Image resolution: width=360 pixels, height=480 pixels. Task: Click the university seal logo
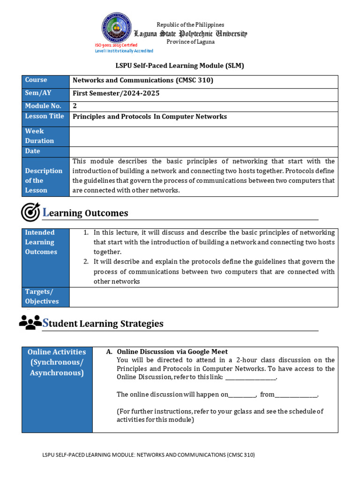tap(117, 28)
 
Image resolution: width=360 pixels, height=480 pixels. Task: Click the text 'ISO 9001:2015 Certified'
tap(116, 45)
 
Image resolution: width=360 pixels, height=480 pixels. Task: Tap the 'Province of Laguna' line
tap(191, 42)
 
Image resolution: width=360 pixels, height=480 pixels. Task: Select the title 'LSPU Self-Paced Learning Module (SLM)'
tap(180, 66)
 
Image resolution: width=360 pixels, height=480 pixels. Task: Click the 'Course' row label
tap(36, 80)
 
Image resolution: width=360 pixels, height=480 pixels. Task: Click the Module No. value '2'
tap(75, 106)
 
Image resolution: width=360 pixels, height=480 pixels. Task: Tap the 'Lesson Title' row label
tap(45, 116)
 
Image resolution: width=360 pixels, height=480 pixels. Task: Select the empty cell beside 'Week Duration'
tap(203, 136)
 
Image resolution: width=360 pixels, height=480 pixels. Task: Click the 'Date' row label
tap(33, 151)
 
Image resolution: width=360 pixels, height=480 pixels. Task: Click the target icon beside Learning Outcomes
tap(30, 212)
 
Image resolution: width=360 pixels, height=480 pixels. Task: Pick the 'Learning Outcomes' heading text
tap(85, 213)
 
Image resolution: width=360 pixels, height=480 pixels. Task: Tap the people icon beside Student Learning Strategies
tap(30, 322)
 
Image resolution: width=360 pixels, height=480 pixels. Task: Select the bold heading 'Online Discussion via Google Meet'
tap(172, 352)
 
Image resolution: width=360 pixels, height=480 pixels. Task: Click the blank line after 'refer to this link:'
tap(251, 378)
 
